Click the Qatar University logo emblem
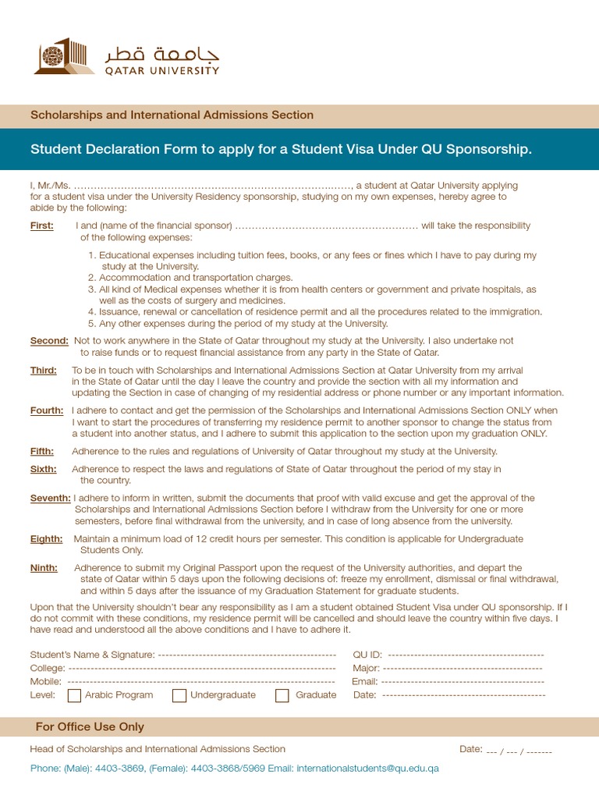(64, 56)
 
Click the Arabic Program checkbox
(75, 695)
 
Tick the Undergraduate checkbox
(179, 695)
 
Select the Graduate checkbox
(282, 695)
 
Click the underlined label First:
(42, 225)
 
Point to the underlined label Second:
(49, 340)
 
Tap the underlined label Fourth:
(47, 410)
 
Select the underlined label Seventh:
(51, 498)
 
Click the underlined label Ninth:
(44, 568)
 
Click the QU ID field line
(466, 655)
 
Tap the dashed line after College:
(202, 668)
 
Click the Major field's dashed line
(463, 668)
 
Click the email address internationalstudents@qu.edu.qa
(367, 768)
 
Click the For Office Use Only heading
(90, 726)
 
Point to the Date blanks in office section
(519, 751)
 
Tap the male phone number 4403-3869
(119, 768)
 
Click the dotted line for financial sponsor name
(326, 225)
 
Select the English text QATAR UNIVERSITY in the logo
(162, 69)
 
